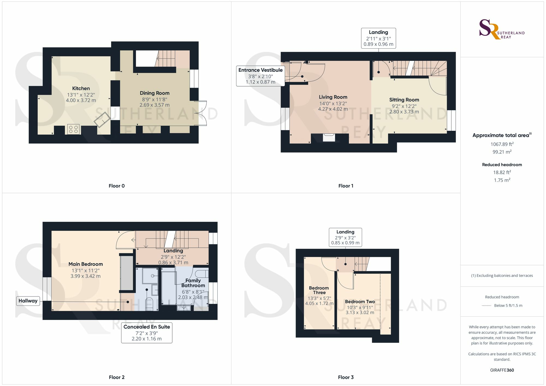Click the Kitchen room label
coord(81,88)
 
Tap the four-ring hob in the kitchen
coord(73,129)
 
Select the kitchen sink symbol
coord(102,120)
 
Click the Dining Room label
coord(155,93)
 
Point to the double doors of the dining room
coord(202,113)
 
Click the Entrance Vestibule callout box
coord(260,76)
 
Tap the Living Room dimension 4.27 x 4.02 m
coord(333,109)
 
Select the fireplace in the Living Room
coord(329,138)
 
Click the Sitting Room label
coord(404,100)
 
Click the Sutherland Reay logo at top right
coord(502,29)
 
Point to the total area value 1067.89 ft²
coord(502,144)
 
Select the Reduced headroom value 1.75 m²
coord(502,180)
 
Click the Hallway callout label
coord(28,301)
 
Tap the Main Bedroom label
coord(86,264)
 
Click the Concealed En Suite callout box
coord(147,333)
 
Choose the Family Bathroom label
coord(193,283)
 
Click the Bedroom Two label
coord(360,302)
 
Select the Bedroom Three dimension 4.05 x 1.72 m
coord(319,304)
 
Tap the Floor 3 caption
coord(346,377)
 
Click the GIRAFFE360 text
coord(502,370)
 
